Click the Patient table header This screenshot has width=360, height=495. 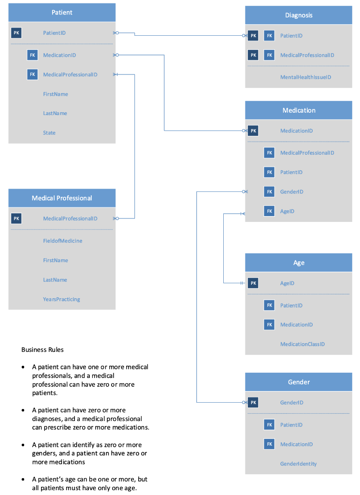tap(62, 13)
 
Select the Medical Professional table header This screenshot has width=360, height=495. tap(62, 198)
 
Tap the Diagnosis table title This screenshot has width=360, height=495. tap(299, 15)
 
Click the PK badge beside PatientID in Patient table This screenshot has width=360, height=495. tap(16, 33)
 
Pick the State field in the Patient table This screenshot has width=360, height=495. tap(49, 133)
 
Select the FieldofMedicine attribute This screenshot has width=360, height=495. tap(62, 241)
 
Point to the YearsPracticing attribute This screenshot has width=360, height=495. tap(61, 299)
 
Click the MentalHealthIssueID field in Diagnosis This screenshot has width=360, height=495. tap(305, 77)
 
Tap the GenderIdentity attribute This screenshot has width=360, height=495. tap(298, 464)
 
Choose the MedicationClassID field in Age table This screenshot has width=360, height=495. tap(302, 344)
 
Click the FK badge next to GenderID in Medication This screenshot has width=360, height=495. tap(270, 192)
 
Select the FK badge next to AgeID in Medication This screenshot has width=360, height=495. tap(270, 211)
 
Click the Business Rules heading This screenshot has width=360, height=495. tap(43, 349)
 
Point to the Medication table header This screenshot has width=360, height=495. tap(299, 110)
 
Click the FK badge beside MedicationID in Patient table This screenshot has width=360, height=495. tap(32, 55)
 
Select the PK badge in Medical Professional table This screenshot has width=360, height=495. tap(16, 218)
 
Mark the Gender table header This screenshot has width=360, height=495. tap(299, 382)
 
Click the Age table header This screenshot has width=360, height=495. tap(299, 262)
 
